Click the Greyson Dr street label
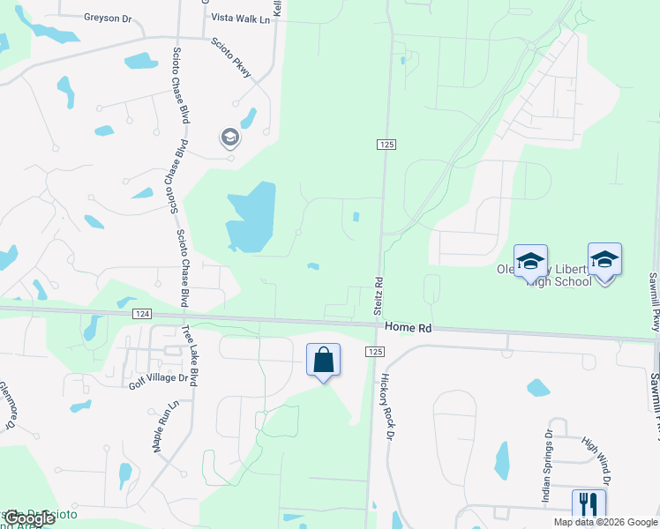[107, 17]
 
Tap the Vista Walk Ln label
[237, 17]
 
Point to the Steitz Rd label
[377, 297]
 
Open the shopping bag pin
[323, 361]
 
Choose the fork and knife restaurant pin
[589, 505]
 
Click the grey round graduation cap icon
[229, 138]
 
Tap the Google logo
[28, 519]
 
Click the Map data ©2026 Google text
[605, 522]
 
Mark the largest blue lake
[251, 217]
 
